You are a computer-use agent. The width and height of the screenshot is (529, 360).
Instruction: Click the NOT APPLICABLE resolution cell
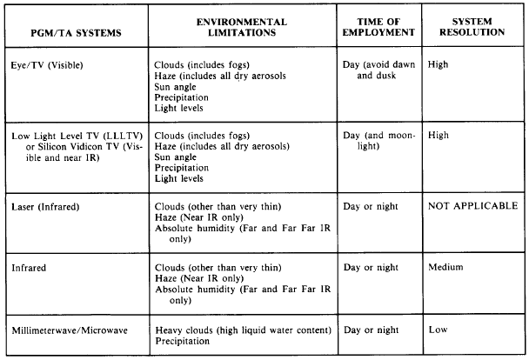tap(473, 206)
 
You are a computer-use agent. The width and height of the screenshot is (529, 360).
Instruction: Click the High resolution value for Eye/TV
tap(439, 65)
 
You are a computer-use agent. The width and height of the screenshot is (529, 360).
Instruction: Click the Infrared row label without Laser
tap(31, 269)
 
